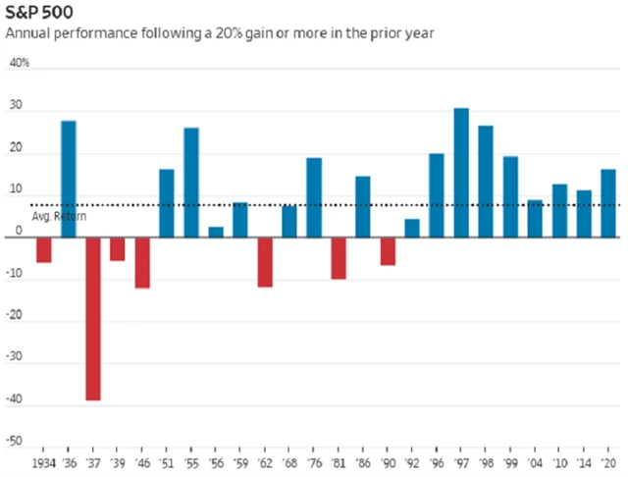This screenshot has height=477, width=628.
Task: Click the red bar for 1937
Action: click(93, 318)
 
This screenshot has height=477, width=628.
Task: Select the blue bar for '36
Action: click(69, 178)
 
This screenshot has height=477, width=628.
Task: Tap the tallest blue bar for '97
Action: click(461, 172)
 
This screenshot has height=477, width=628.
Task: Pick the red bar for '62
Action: click(265, 261)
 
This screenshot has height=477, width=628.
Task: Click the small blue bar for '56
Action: click(216, 232)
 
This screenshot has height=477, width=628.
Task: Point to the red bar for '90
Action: click(388, 250)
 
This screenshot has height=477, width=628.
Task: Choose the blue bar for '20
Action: click(608, 202)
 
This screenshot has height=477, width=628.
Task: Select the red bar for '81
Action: click(339, 257)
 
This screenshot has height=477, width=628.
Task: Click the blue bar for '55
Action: click(191, 182)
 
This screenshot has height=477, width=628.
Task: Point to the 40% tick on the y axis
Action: click(20, 64)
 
